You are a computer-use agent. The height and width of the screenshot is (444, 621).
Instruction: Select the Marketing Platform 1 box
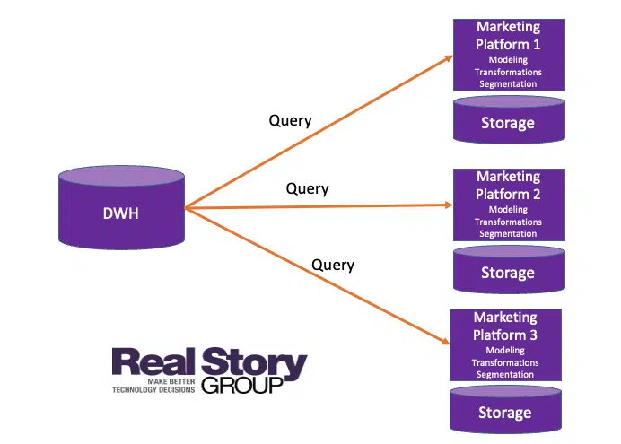[508, 54]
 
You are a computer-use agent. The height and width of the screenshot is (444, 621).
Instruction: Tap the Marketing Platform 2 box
[508, 205]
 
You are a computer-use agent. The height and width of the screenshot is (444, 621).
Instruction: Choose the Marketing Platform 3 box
[505, 345]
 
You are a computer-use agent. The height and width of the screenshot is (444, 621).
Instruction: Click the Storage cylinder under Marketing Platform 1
[508, 121]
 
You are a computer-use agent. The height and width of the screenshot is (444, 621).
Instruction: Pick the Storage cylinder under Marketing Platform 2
[508, 271]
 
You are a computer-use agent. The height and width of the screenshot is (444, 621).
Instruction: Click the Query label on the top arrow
[290, 120]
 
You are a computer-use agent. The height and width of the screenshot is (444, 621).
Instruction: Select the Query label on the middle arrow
[307, 189]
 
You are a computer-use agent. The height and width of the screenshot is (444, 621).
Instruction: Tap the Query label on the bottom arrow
[332, 265]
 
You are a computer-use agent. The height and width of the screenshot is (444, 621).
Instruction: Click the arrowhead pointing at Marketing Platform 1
[448, 58]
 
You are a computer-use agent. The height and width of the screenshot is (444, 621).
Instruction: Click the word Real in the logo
[159, 365]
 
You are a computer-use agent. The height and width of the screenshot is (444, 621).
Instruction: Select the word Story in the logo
[259, 365]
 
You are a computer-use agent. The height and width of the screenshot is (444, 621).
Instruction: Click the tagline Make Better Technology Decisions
[153, 387]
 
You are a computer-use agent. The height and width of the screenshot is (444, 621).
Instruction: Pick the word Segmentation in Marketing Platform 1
[508, 84]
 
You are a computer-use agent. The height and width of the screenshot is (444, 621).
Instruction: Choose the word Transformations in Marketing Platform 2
[508, 222]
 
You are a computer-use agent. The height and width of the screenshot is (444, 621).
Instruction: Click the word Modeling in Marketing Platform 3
[505, 351]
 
